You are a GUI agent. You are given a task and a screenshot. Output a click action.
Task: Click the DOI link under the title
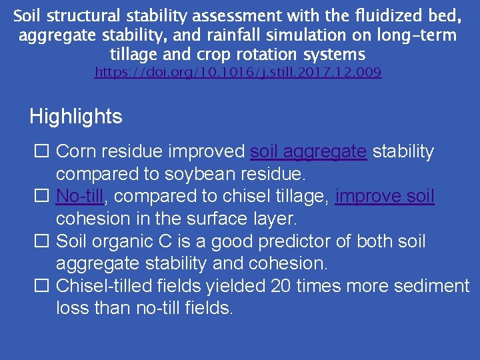(x=238, y=72)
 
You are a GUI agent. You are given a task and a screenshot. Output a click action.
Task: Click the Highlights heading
(x=76, y=117)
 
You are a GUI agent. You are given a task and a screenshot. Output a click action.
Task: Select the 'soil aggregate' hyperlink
(x=308, y=152)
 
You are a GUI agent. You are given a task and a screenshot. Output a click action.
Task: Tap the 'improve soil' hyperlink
(x=385, y=197)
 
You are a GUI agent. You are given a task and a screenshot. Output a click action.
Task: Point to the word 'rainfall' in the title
(x=237, y=35)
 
